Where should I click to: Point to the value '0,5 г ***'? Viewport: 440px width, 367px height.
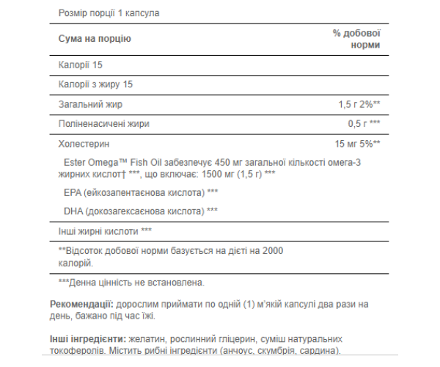pos(364,123)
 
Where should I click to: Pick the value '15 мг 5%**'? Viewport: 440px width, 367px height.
pos(357,142)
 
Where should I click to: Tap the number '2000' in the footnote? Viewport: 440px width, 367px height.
pos(272,250)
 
